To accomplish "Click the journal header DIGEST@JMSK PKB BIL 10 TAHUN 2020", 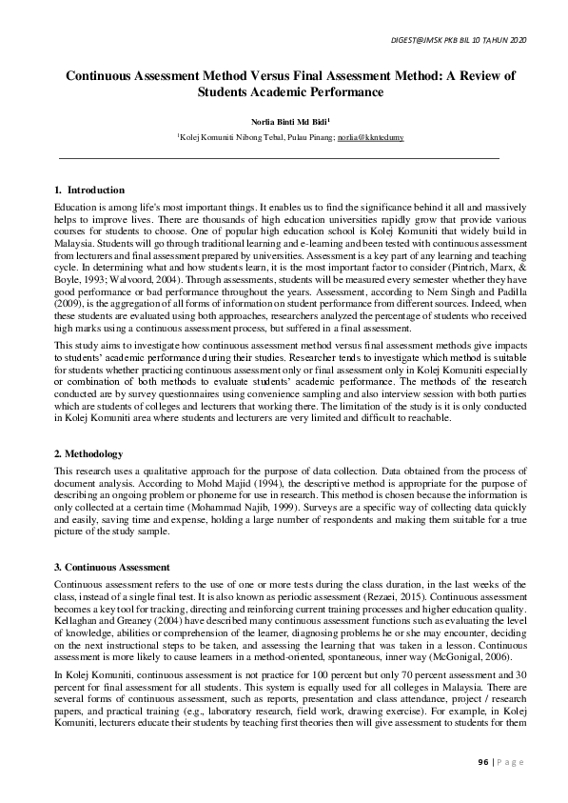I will (x=459, y=39).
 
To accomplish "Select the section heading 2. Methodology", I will (x=88, y=453).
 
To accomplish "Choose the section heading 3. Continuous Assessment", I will (x=111, y=568).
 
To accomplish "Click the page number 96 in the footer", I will (x=483, y=762).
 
